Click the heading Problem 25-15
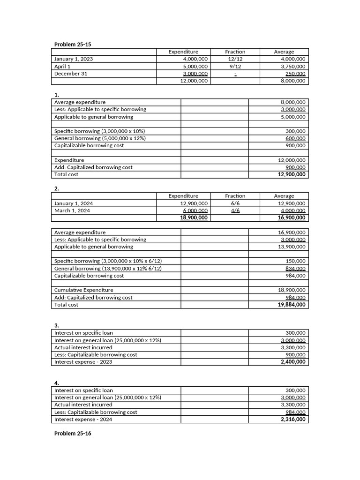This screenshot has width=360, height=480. point(73,45)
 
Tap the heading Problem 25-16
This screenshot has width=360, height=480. point(73,434)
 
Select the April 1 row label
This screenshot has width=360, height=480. point(62,67)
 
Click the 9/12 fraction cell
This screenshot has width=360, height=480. point(235,67)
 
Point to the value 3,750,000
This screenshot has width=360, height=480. point(293,67)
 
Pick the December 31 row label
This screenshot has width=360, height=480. point(71,74)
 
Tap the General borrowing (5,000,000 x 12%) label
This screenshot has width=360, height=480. point(100,138)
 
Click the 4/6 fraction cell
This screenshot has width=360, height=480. point(235,210)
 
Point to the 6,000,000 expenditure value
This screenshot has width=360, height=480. point(195,210)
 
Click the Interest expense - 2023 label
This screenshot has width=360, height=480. point(83,362)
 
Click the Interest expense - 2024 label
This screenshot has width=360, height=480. point(83,420)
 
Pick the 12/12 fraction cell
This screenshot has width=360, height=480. point(235,59)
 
